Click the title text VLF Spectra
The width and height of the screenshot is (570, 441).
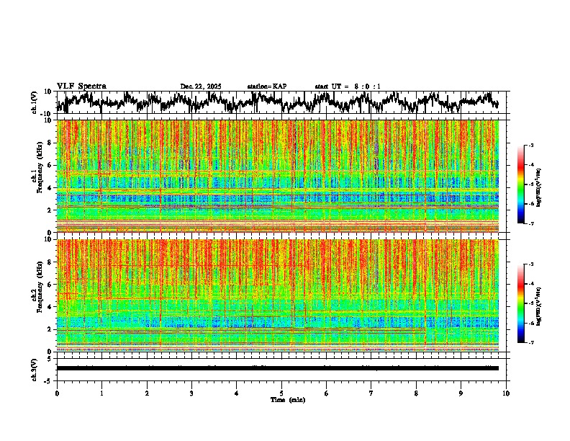tap(81, 86)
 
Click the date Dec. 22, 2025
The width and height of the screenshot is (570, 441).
tap(201, 86)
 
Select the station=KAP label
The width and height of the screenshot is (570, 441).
tap(266, 86)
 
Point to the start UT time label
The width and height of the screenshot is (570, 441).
tap(348, 86)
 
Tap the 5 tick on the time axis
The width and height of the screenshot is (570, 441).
tap(281, 393)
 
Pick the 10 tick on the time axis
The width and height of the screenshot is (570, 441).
tap(506, 393)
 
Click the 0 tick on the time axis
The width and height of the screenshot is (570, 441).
tap(57, 393)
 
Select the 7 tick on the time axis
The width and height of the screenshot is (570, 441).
tap(371, 393)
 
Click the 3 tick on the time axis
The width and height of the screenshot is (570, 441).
tap(191, 393)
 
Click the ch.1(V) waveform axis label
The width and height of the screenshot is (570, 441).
tap(35, 102)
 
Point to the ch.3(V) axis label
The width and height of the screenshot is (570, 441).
tap(35, 368)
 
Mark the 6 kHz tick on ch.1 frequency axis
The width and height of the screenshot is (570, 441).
tap(50, 165)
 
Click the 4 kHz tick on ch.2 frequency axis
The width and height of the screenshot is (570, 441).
tap(50, 306)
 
